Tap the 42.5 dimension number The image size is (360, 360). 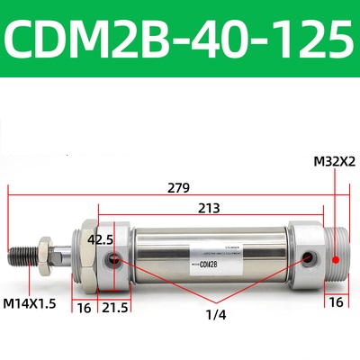pyautogui.click(x=102, y=239)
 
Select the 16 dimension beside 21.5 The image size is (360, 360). pyautogui.click(x=83, y=308)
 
